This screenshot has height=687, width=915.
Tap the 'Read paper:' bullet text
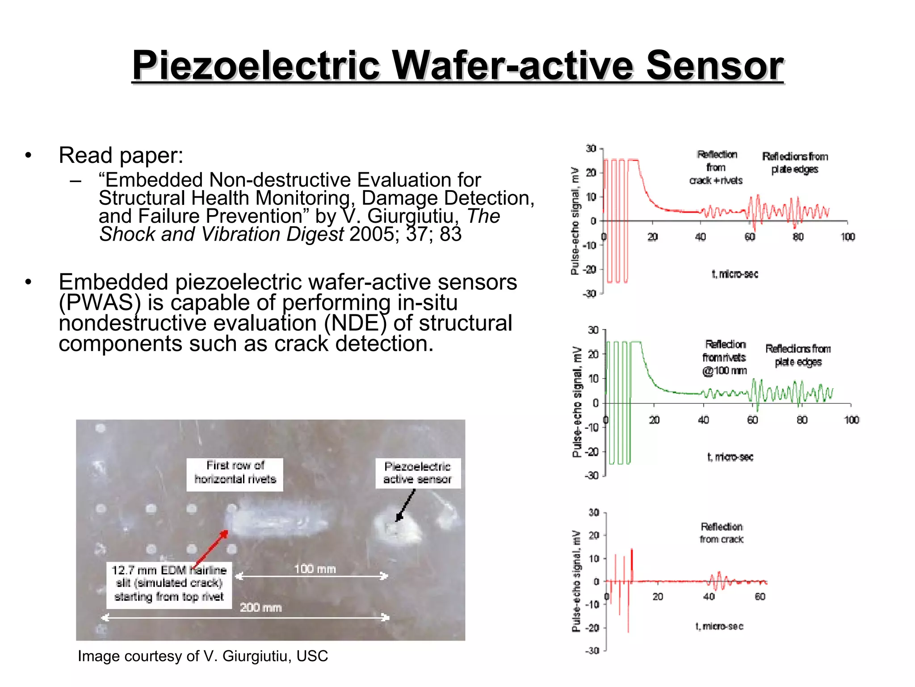pyautogui.click(x=121, y=155)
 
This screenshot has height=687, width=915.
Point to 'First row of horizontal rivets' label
pyautogui.click(x=235, y=472)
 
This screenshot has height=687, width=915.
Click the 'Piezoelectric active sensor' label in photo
pyautogui.click(x=417, y=473)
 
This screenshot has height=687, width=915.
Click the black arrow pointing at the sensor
pyautogui.click(x=405, y=505)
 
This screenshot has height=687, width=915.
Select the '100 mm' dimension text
pyautogui.click(x=315, y=569)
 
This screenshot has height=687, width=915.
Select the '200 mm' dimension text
pyautogui.click(x=260, y=607)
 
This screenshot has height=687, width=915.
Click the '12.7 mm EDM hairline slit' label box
pyautogui.click(x=169, y=583)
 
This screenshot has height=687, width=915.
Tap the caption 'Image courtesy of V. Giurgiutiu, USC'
pyautogui.click(x=203, y=656)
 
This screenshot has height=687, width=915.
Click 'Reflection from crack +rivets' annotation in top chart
pyautogui.click(x=716, y=167)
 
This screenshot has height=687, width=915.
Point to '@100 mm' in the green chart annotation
pyautogui.click(x=724, y=371)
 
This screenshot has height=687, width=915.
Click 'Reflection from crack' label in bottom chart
pyautogui.click(x=722, y=533)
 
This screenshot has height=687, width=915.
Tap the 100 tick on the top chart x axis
pyautogui.click(x=848, y=237)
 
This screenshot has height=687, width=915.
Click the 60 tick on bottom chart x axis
pyautogui.click(x=760, y=596)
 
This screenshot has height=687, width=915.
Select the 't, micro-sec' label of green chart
pyautogui.click(x=730, y=457)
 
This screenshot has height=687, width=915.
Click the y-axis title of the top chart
pyautogui.click(x=575, y=221)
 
